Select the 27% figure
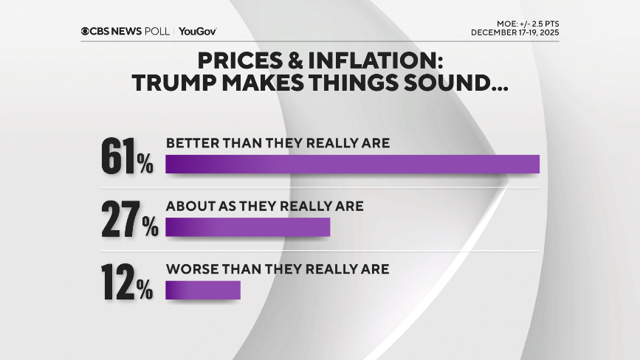129,220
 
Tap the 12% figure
127,283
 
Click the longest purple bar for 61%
352,164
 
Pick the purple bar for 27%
247,227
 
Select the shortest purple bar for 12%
203,291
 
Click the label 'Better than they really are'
278,143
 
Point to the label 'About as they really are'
264,206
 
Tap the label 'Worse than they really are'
277,269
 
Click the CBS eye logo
86,31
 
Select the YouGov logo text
197,31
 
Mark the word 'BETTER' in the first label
187,143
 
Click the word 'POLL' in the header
158,31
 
